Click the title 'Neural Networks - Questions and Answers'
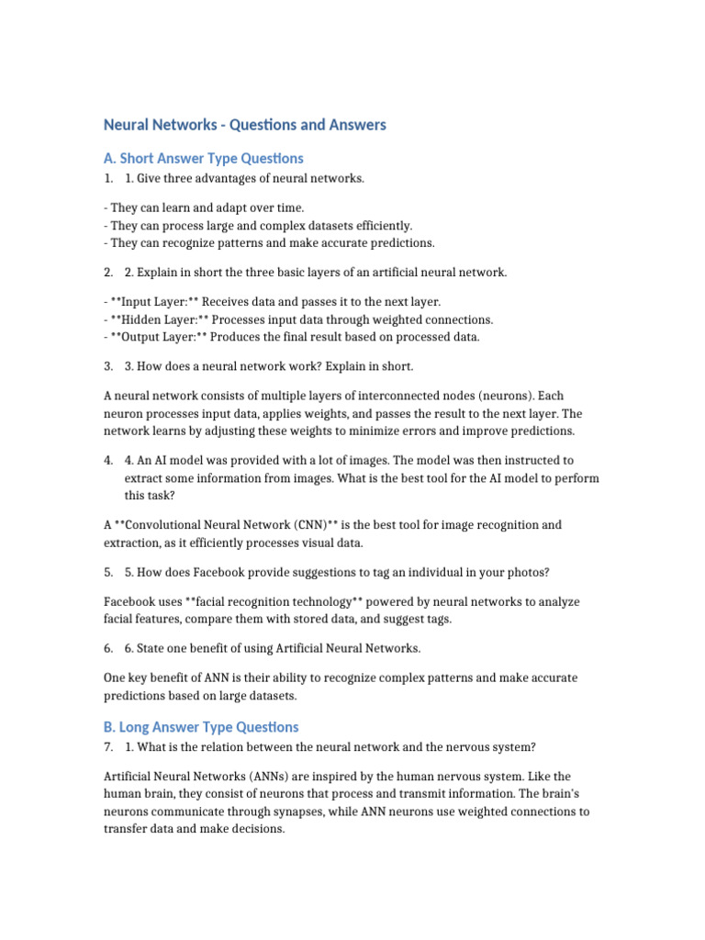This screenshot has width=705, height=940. pyautogui.click(x=244, y=125)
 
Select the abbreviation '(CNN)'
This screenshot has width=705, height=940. pyautogui.click(x=313, y=525)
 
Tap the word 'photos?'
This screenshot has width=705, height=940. pyautogui.click(x=528, y=572)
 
